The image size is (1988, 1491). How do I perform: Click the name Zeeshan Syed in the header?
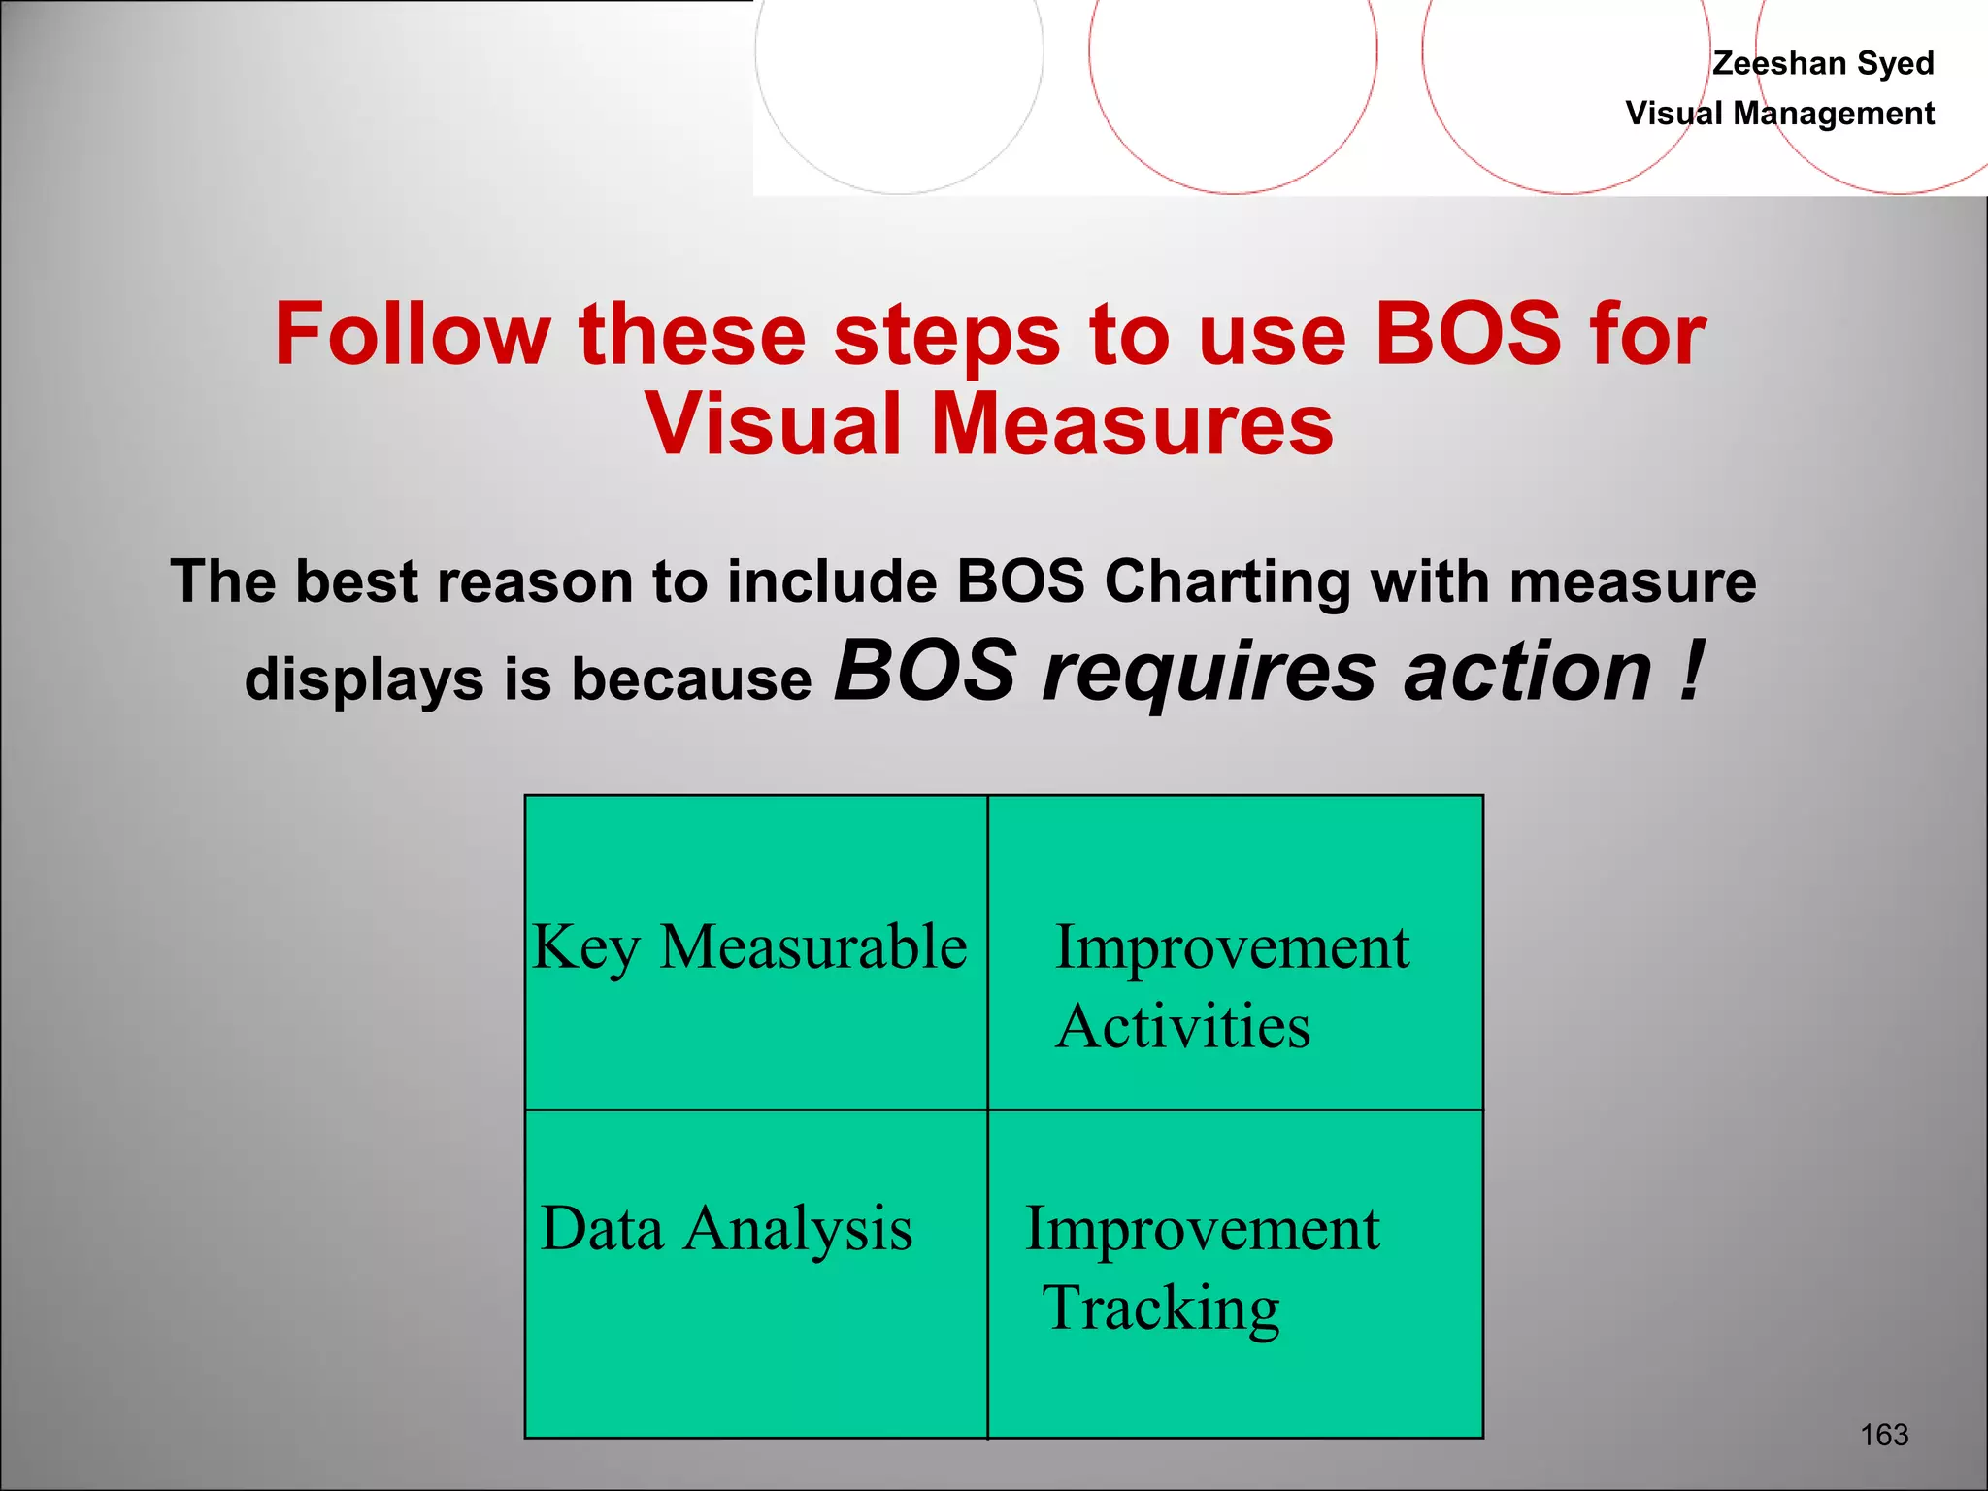(1822, 63)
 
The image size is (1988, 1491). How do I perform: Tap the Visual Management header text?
(1779, 114)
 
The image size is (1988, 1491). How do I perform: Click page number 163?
(1883, 1434)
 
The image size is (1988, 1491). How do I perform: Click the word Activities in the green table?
(1182, 1027)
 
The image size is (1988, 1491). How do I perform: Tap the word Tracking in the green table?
(1161, 1309)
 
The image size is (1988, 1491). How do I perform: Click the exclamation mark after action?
(1690, 672)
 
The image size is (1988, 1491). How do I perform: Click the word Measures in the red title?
(1132, 424)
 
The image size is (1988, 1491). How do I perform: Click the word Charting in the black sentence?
(1227, 582)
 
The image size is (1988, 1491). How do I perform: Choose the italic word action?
(1527, 672)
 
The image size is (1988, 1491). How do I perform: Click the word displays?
(364, 679)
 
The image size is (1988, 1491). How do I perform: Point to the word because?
(691, 679)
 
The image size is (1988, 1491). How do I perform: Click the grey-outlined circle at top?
(899, 58)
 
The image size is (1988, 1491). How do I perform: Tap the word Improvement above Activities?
(1231, 947)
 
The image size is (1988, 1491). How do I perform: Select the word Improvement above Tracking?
(1202, 1229)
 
